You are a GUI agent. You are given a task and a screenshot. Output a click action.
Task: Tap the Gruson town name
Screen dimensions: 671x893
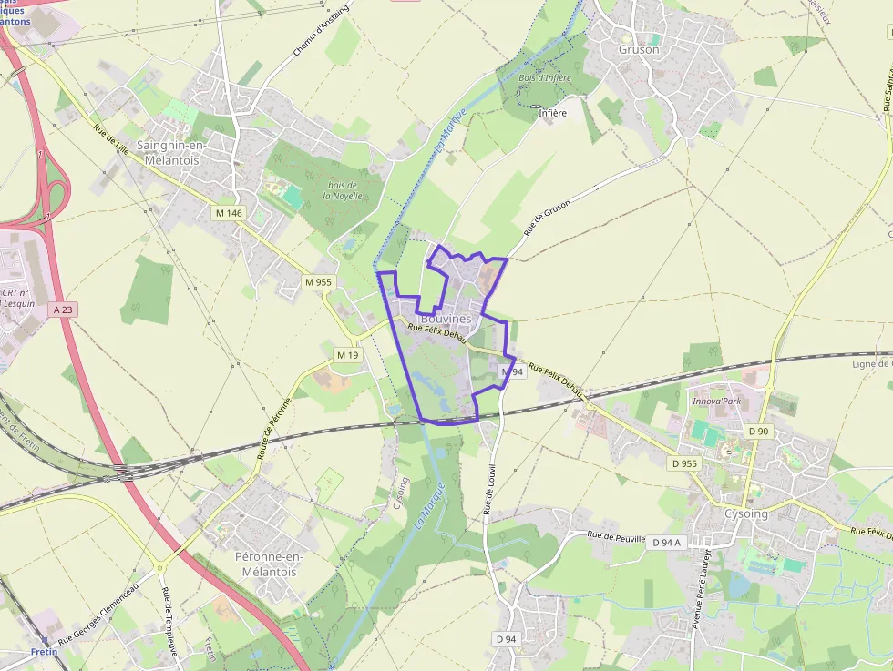pyautogui.click(x=638, y=49)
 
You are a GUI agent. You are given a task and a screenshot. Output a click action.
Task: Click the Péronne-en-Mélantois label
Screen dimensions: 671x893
pyautogui.click(x=268, y=564)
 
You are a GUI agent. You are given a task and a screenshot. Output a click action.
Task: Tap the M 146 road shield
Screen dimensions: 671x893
pyautogui.click(x=229, y=212)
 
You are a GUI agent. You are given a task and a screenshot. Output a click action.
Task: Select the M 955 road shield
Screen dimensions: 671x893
pyautogui.click(x=319, y=281)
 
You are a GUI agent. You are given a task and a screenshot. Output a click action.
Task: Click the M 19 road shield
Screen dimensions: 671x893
pyautogui.click(x=347, y=354)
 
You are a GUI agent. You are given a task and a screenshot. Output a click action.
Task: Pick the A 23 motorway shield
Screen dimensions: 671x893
pyautogui.click(x=62, y=310)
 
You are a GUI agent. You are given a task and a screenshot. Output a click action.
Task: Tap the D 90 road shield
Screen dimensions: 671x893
pyautogui.click(x=757, y=431)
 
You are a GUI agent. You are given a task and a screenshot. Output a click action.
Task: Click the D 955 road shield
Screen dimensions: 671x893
pyautogui.click(x=684, y=463)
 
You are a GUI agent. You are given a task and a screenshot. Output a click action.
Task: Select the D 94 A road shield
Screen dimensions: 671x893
pyautogui.click(x=666, y=542)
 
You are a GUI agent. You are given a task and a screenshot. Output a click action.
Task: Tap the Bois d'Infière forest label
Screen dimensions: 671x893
pyautogui.click(x=544, y=78)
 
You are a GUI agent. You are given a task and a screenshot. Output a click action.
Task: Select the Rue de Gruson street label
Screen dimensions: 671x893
pyautogui.click(x=547, y=218)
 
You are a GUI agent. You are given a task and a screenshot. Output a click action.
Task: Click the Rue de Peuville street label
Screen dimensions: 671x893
pyautogui.click(x=616, y=537)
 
